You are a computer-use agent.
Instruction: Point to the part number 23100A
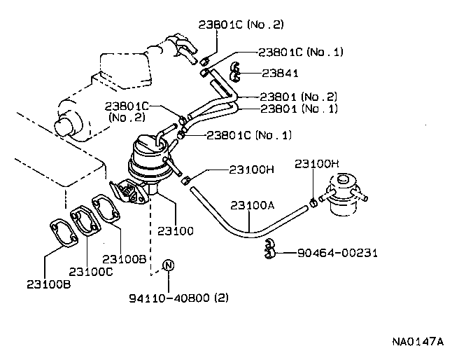[x=253, y=207]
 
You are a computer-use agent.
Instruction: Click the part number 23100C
[x=90, y=271]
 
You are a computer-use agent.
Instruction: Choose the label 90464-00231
[x=327, y=252]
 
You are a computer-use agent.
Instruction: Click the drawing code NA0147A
[x=418, y=342]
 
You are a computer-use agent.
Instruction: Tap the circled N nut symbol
[x=168, y=265]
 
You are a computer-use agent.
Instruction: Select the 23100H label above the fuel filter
[x=317, y=164]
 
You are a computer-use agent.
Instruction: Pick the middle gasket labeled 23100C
[x=86, y=221]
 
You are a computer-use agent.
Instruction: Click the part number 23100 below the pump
[x=175, y=230]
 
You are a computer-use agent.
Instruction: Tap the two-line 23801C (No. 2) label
[x=127, y=112]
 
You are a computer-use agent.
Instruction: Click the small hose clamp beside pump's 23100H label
[x=187, y=181]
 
